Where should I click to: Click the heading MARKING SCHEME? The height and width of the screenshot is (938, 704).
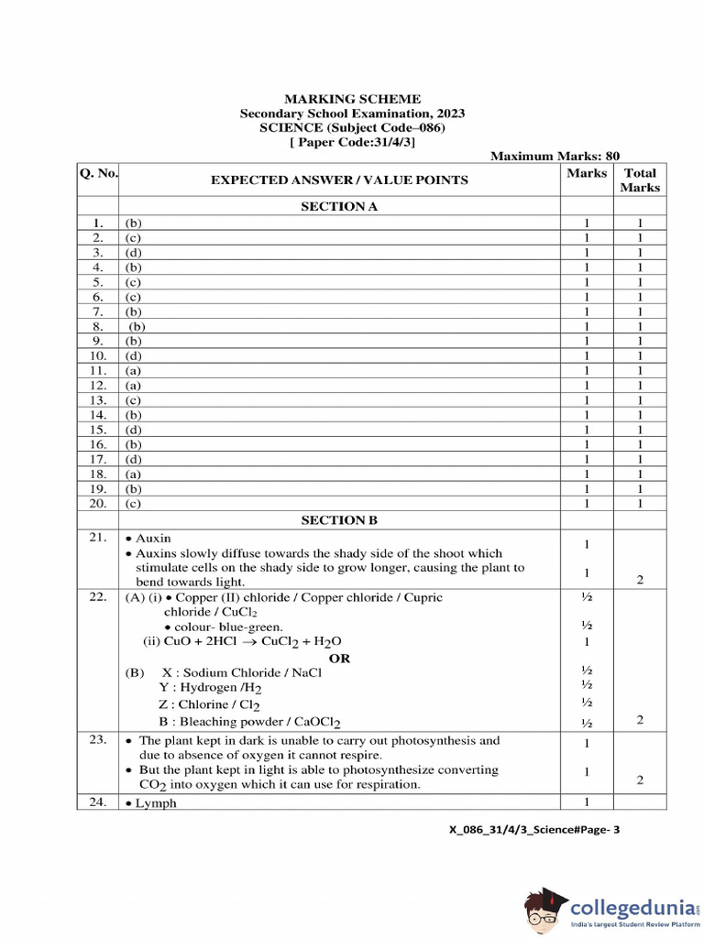(x=352, y=99)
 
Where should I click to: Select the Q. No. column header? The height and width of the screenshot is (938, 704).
(x=97, y=172)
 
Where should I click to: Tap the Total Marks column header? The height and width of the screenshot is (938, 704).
(x=639, y=180)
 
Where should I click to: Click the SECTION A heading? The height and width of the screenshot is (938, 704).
(x=339, y=207)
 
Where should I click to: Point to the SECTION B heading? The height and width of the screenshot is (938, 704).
(x=339, y=520)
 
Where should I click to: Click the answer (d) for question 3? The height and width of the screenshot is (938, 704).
(x=134, y=252)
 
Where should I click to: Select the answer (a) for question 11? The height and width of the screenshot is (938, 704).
(x=134, y=370)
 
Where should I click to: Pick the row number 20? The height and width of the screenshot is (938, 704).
(x=97, y=503)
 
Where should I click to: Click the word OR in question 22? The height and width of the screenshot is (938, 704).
(x=339, y=658)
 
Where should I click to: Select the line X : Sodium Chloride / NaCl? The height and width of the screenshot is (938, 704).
(x=241, y=672)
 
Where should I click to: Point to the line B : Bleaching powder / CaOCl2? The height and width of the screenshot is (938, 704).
(x=249, y=722)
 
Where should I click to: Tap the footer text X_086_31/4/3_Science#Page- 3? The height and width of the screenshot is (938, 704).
(x=535, y=831)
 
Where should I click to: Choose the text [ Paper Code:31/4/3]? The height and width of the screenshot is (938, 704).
(x=352, y=142)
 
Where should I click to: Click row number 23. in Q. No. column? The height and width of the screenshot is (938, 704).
(x=97, y=740)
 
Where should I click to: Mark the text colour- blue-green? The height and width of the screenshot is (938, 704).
(x=223, y=627)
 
